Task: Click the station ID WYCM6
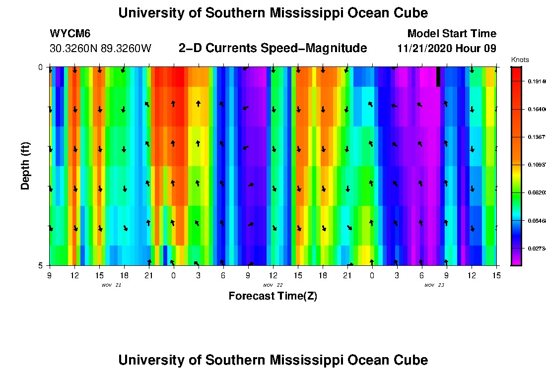pos(69,34)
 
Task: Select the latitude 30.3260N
pos(74,49)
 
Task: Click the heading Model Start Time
pos(452,34)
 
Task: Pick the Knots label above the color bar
pos(520,60)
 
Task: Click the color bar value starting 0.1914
pos(537,81)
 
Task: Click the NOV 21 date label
pos(111,285)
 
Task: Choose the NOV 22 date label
pos(273,285)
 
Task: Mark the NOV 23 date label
pos(434,285)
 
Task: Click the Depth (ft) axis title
pos(25,166)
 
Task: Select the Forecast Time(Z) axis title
pos(273,297)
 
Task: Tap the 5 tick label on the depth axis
pos(41,265)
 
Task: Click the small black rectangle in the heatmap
pos(438,77)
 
